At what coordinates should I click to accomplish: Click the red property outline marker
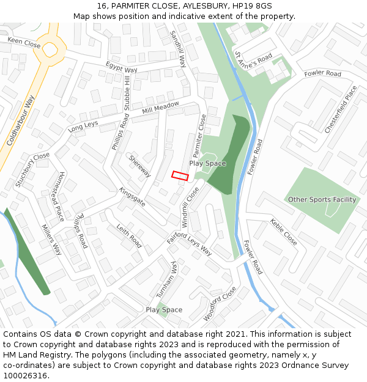[179, 175]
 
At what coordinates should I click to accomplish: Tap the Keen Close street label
[24, 42]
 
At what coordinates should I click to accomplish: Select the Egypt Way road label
[121, 67]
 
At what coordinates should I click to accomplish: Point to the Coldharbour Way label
[21, 119]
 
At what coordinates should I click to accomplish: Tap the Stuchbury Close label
[32, 169]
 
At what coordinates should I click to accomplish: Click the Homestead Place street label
[52, 196]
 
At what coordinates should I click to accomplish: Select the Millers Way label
[52, 240]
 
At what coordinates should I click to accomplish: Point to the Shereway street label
[139, 166]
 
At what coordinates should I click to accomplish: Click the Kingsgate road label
[132, 197]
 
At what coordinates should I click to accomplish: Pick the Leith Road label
[129, 235]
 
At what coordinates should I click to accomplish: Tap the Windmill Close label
[190, 207]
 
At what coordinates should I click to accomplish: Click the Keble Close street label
[283, 232]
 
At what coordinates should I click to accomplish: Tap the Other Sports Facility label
[322, 199]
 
